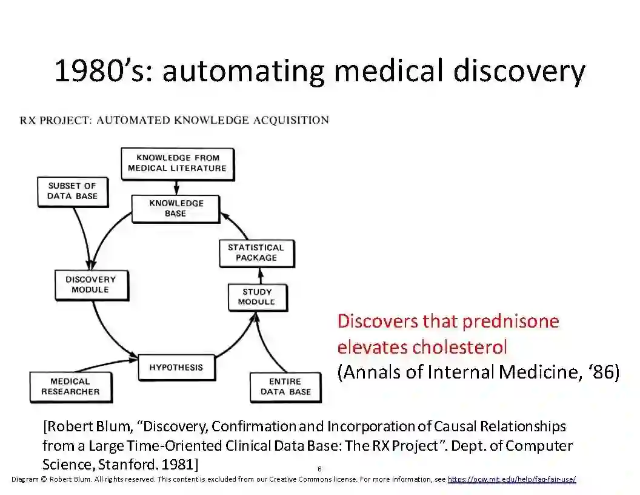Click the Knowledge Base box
click(176, 208)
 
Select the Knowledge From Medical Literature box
click(177, 163)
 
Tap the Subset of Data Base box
click(72, 191)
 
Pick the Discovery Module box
click(91, 285)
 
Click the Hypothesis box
click(176, 367)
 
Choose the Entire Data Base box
click(285, 386)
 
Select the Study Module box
click(257, 297)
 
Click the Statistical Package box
click(256, 252)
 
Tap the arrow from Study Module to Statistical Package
click(261, 277)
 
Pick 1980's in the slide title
click(104, 71)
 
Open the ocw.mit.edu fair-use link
click(512, 479)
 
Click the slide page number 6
click(319, 469)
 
